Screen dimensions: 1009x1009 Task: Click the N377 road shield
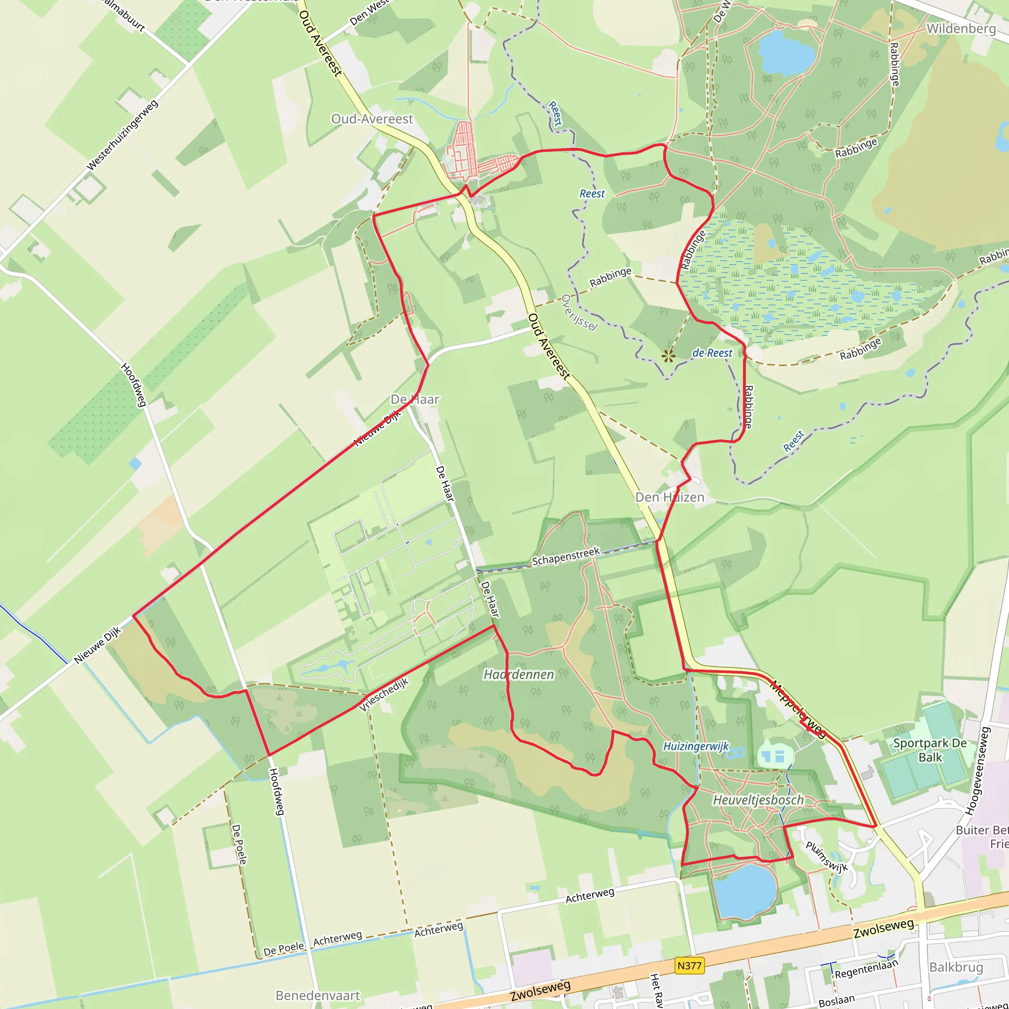pyautogui.click(x=689, y=966)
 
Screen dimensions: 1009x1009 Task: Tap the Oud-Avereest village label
pyautogui.click(x=372, y=119)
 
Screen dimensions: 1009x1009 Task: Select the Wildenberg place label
pyautogui.click(x=961, y=29)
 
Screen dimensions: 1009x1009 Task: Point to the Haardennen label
pyautogui.click(x=519, y=674)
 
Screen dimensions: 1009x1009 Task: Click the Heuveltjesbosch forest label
pyautogui.click(x=758, y=800)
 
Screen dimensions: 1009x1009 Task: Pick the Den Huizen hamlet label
pyautogui.click(x=670, y=497)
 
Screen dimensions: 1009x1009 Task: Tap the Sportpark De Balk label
pyautogui.click(x=930, y=750)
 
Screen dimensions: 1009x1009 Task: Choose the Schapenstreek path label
pyautogui.click(x=566, y=557)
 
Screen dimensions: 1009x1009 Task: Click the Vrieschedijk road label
pyautogui.click(x=384, y=695)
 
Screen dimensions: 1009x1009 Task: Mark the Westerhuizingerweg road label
pyautogui.click(x=122, y=136)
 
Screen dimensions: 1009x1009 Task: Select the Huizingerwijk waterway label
pyautogui.click(x=696, y=746)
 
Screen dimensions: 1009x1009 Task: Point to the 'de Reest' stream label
pyautogui.click(x=712, y=353)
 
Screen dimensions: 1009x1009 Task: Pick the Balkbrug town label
pyautogui.click(x=956, y=967)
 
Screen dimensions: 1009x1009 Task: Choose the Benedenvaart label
pyautogui.click(x=318, y=995)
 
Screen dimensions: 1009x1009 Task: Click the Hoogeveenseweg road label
pyautogui.click(x=977, y=771)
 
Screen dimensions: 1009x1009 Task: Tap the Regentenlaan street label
pyautogui.click(x=866, y=969)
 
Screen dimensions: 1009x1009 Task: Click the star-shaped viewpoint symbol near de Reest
pyautogui.click(x=668, y=357)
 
